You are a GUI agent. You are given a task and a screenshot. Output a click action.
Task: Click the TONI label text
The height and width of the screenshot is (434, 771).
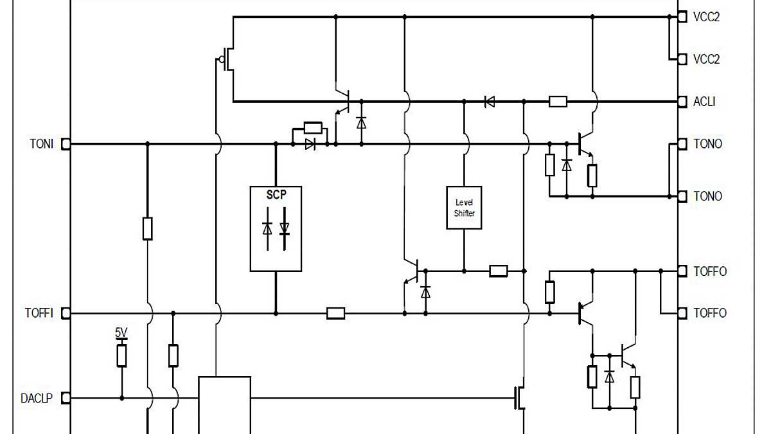41,144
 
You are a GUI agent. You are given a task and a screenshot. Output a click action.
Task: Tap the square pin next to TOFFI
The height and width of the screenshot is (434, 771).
65,313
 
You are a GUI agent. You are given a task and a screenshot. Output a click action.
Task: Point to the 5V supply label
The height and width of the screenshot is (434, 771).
121,332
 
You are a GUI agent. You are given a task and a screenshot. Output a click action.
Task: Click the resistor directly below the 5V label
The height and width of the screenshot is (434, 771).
121,356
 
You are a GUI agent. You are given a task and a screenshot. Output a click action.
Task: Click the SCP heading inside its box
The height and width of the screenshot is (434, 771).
276,195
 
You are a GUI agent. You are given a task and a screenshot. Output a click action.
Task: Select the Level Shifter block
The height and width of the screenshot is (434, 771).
464,208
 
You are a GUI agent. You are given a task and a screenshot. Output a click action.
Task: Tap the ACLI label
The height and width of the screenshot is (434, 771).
704,102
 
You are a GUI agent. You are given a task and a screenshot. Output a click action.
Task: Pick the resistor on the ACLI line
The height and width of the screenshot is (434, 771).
558,102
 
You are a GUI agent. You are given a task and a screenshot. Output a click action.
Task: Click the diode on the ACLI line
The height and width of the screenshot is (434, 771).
490,102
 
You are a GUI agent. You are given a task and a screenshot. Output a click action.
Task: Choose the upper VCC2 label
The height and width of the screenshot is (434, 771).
706,17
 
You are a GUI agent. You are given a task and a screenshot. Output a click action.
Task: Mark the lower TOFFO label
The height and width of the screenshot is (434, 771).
710,313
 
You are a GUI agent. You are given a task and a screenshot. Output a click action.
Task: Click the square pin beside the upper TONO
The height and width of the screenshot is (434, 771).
682,144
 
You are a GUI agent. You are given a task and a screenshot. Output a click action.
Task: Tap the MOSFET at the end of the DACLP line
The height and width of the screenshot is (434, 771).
519,399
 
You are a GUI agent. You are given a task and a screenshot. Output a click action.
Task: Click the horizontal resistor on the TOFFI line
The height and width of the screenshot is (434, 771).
335,313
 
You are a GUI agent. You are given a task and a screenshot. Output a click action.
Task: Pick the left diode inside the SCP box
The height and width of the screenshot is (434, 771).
267,228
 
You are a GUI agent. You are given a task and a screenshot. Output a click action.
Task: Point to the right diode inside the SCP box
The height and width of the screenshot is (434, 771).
285,228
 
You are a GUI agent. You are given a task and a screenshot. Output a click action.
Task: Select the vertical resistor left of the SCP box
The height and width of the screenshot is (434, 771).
147,228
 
